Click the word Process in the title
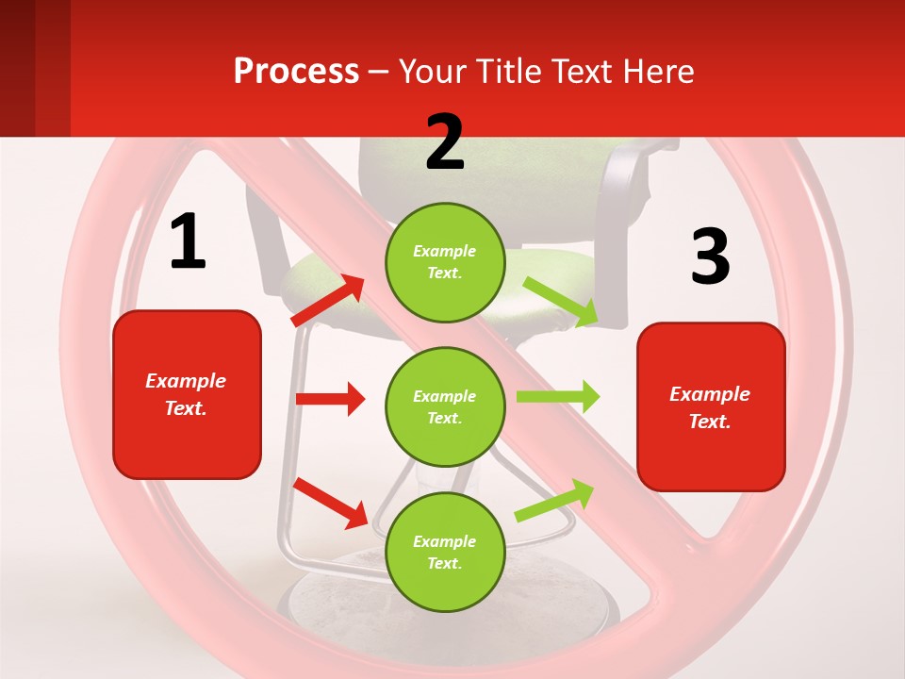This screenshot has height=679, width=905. pos(296,71)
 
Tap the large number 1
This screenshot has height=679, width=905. pos(188,242)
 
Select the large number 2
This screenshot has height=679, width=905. pos(445,142)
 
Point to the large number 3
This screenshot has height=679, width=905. pos(710,257)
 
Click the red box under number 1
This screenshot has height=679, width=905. pos(187,395)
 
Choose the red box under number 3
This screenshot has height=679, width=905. pos(711,407)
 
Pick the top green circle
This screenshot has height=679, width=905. pos(445,262)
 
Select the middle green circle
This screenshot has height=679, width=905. pos(445,406)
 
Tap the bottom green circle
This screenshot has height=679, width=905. pos(445,552)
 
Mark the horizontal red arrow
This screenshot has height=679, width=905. pos(330,399)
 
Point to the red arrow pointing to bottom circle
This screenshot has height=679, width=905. pos(330,502)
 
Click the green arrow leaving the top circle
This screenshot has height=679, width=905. pos(561,302)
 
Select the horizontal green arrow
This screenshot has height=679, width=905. pos(558,397)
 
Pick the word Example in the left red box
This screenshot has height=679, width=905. pos(186,381)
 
